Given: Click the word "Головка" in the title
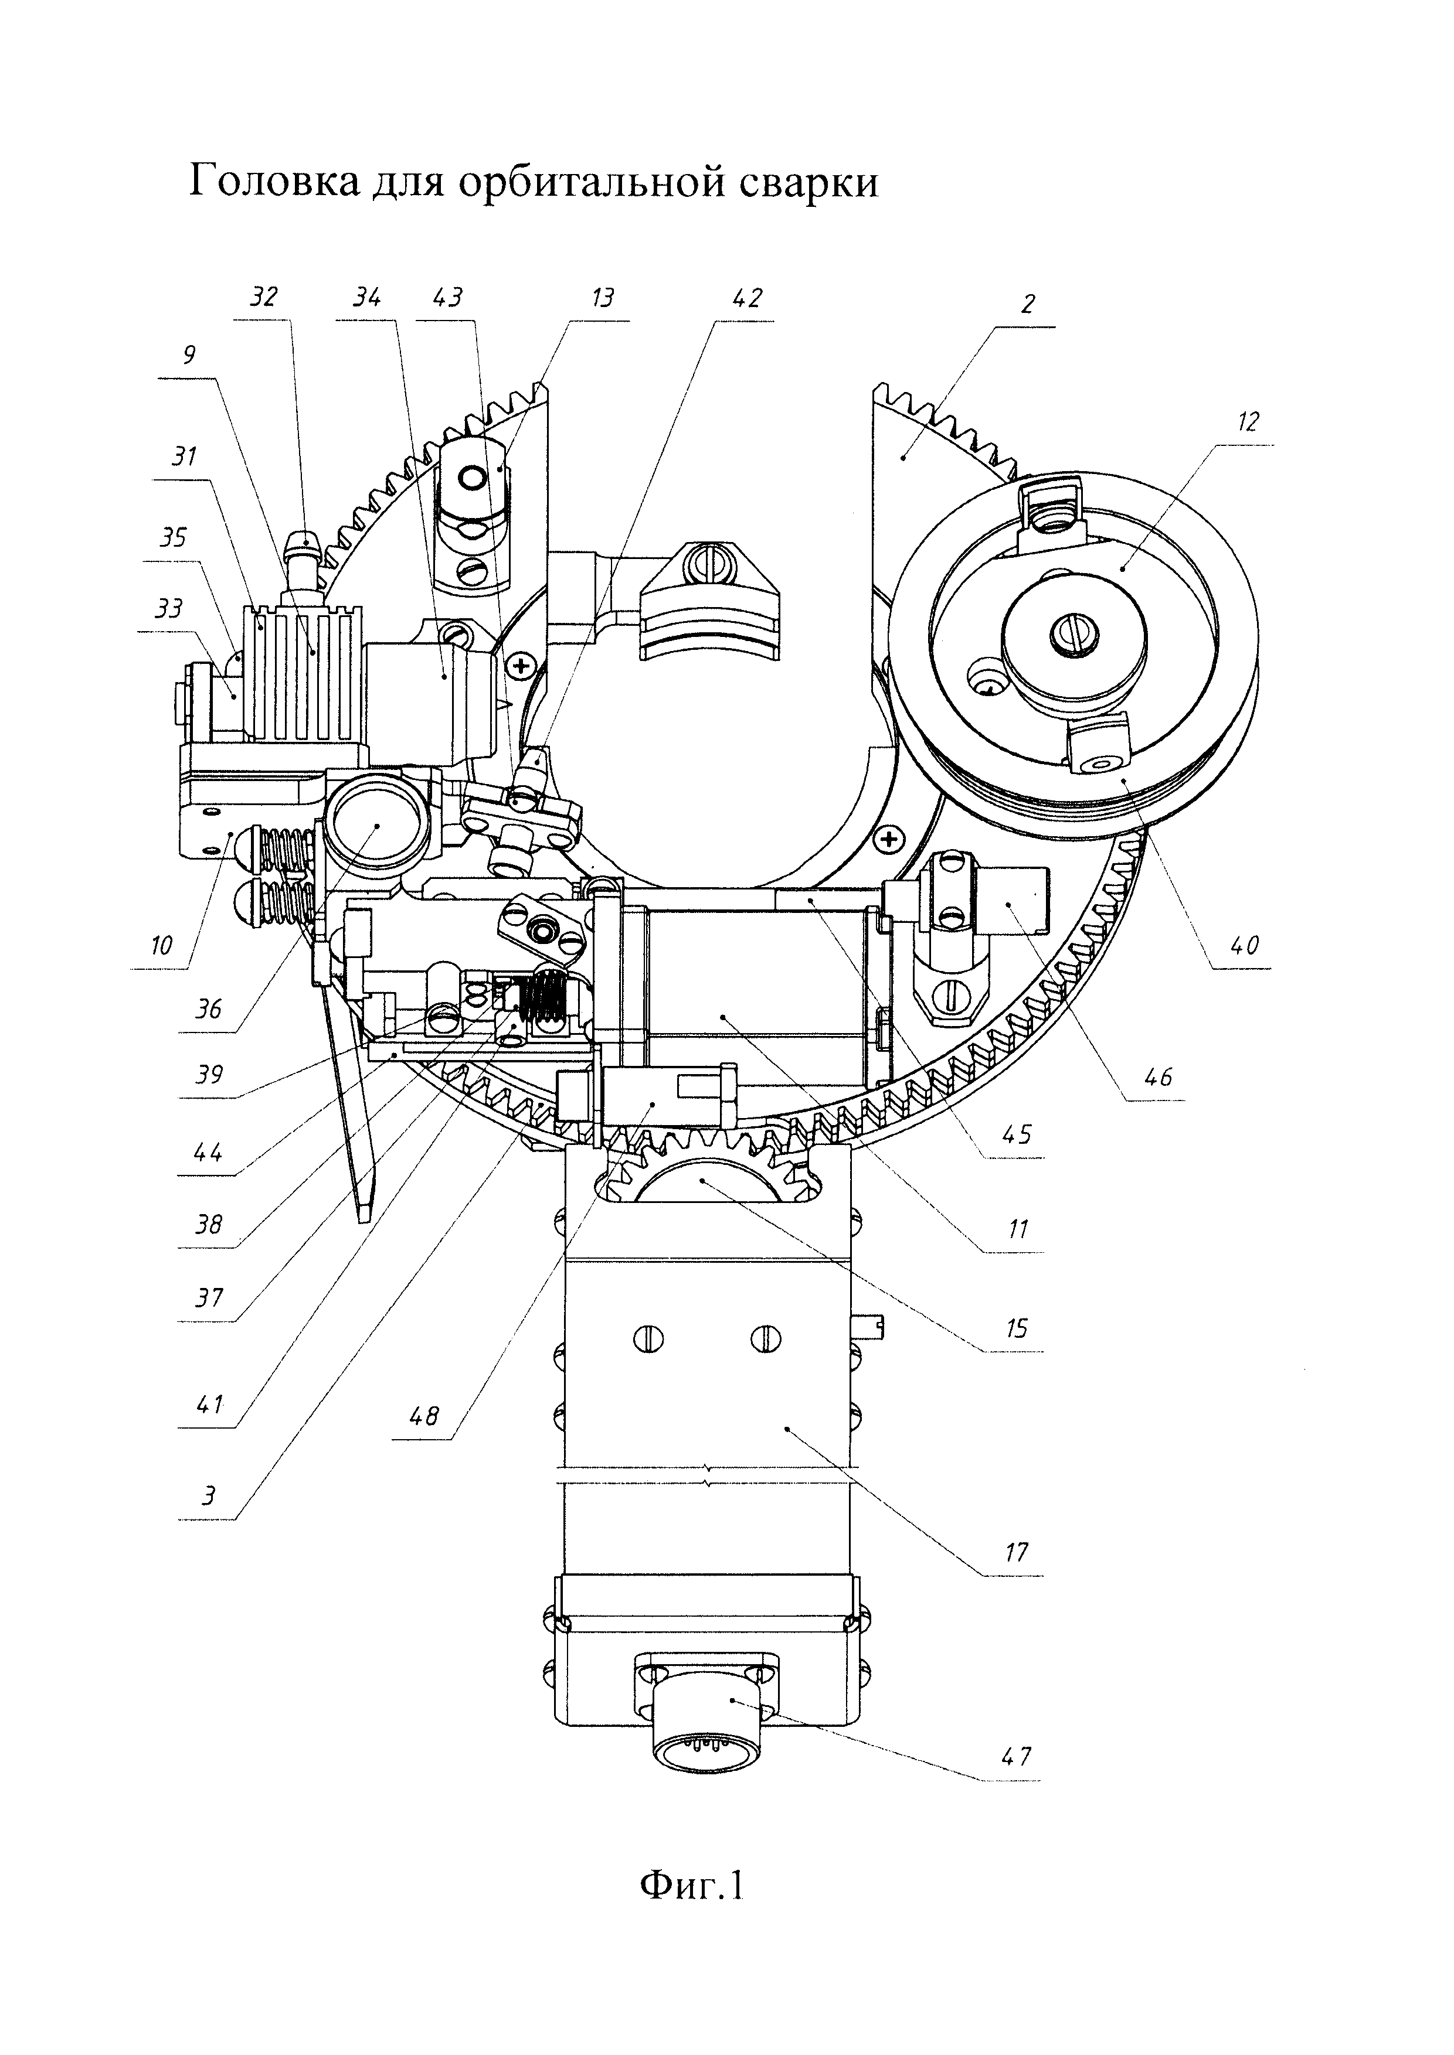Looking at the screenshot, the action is click(274, 183).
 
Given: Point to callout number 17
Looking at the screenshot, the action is click(1016, 1551).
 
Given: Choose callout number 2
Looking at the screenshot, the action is click(1027, 304).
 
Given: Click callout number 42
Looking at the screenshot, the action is click(746, 298).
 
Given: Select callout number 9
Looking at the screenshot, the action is click(188, 355).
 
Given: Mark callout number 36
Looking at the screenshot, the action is click(209, 1010).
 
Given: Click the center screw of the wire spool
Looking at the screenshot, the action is click(1075, 635).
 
